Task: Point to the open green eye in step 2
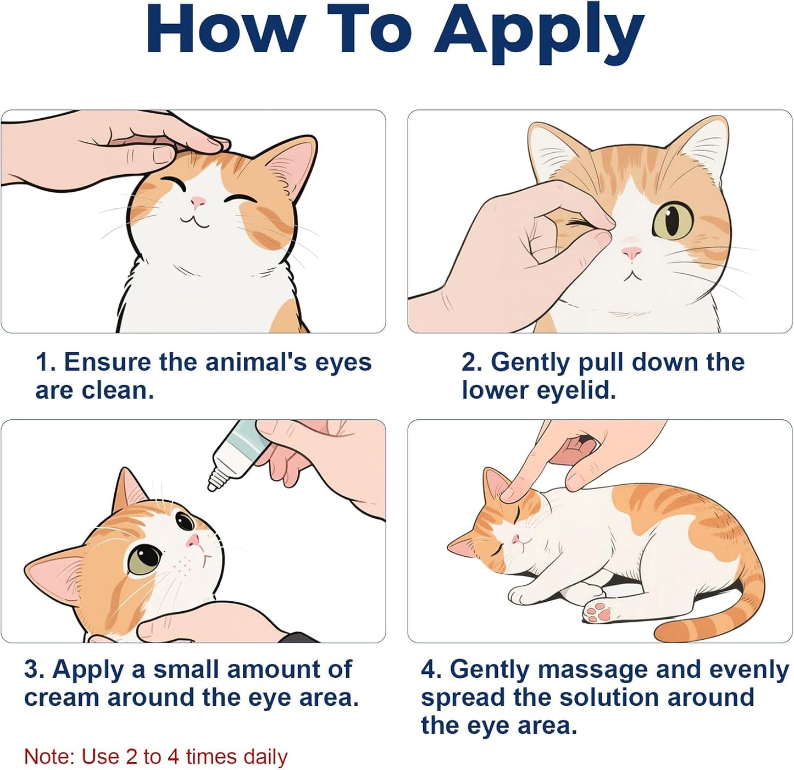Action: (673, 221)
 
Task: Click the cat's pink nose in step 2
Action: (631, 253)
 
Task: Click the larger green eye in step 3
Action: (145, 559)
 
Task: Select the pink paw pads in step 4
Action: (597, 611)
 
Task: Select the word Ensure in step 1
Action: (107, 363)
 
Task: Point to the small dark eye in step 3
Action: (184, 520)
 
